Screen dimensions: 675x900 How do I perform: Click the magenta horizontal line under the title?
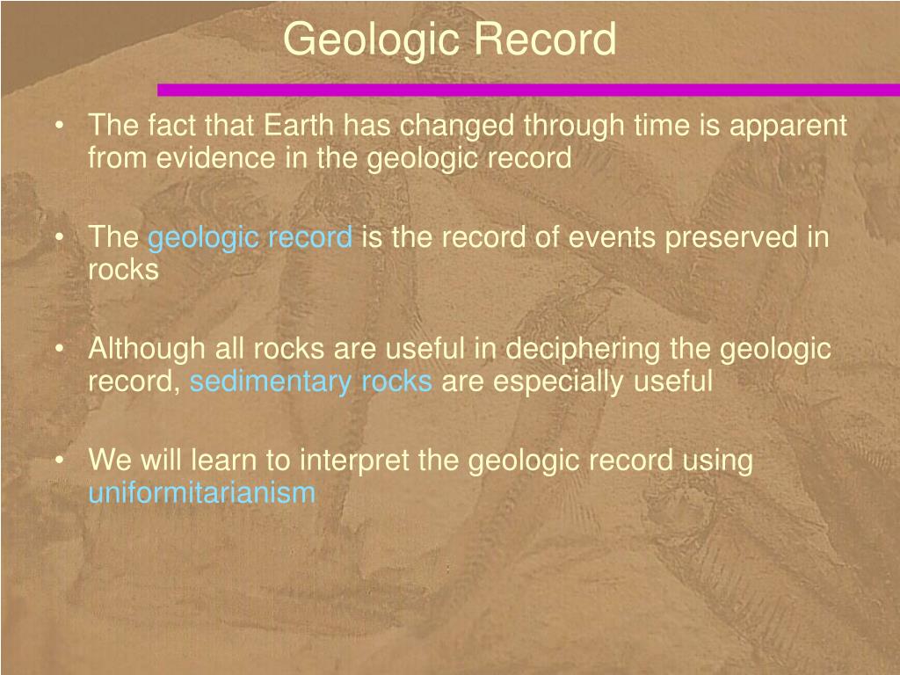(527, 89)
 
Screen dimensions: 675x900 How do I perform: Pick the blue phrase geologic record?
(250, 237)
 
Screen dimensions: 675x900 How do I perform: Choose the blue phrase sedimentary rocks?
(311, 381)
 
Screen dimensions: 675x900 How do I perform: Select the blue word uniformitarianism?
(201, 492)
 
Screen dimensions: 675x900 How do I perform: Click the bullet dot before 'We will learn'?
(58, 461)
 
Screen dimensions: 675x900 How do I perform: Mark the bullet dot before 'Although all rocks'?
(58, 349)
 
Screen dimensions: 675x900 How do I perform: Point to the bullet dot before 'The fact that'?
(58, 126)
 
